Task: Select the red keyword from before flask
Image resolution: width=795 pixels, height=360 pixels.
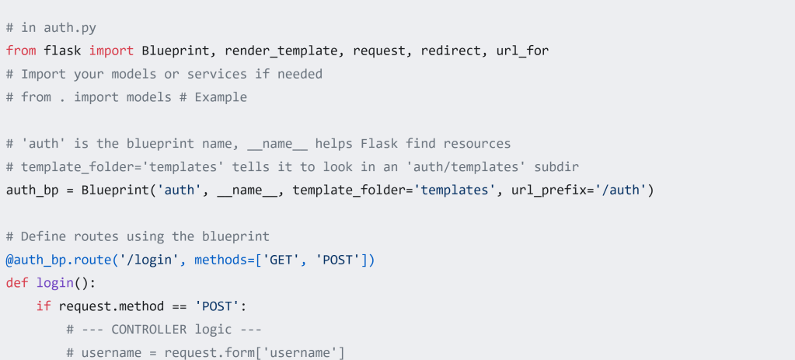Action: pos(21,51)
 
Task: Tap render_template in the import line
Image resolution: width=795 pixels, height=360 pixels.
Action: pos(285,51)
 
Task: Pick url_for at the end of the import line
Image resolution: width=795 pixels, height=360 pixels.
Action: pos(522,51)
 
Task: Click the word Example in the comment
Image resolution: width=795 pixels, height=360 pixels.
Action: pos(221,97)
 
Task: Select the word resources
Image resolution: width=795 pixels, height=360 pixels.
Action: pos(477,143)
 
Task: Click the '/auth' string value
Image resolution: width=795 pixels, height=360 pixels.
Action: pos(620,190)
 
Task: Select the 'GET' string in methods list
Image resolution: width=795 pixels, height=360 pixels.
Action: pos(285,259)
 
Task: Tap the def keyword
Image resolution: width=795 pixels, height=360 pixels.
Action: pos(17,282)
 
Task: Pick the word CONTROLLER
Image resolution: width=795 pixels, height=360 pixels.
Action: pos(149,329)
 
